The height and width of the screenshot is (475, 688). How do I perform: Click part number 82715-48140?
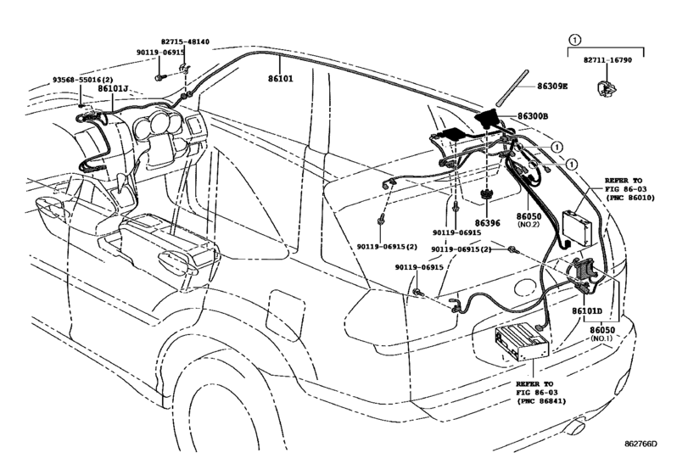click(185, 40)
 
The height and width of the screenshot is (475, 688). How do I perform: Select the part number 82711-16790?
click(606, 62)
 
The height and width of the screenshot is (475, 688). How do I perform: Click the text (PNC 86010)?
click(628, 198)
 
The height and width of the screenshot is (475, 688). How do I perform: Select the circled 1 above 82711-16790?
click(575, 40)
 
